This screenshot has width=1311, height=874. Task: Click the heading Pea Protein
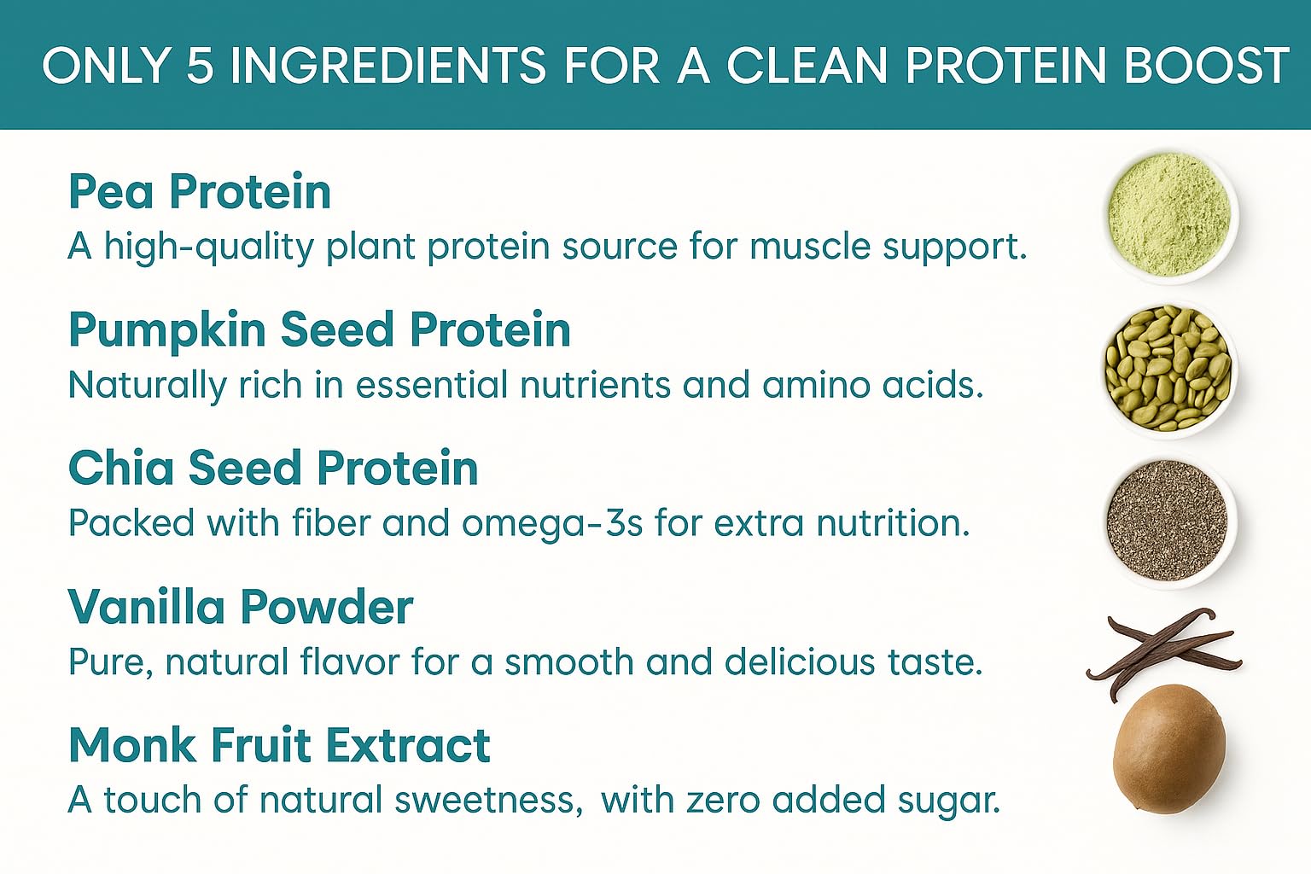200,191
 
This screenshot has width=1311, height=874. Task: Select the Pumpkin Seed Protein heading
319,329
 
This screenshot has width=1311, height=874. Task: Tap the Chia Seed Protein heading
273,468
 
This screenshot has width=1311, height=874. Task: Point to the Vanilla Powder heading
241,607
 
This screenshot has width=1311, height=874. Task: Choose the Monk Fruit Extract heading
279,745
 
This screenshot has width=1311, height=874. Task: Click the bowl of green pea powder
1169,214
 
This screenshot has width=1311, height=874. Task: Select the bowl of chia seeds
1168,521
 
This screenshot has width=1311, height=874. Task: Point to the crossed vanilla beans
1162,650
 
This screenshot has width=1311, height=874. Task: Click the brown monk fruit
1169,749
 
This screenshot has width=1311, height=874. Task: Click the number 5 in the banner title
199,66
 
